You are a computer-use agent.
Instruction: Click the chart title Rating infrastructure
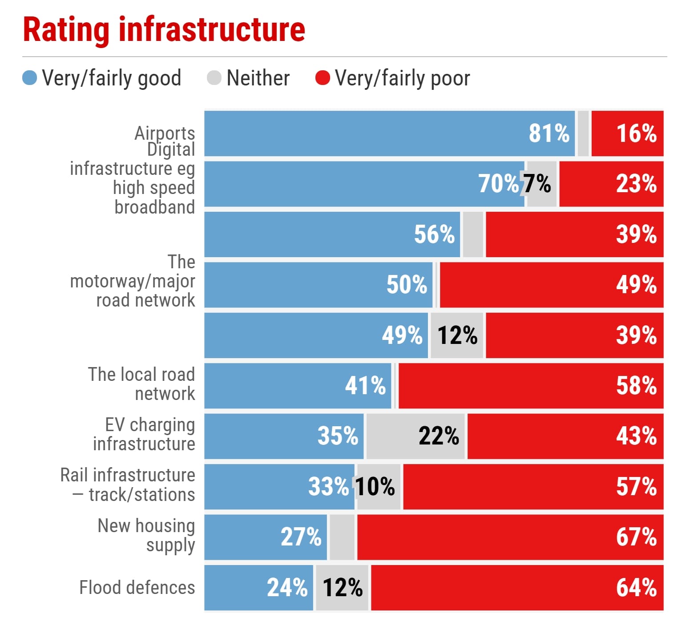164,30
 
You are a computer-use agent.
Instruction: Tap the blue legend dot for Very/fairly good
29,78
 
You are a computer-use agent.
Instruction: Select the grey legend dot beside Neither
214,78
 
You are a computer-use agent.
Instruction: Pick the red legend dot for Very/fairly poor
323,78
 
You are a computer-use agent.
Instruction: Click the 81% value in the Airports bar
549,133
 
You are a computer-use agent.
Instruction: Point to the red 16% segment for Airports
627,133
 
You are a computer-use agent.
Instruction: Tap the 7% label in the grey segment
537,183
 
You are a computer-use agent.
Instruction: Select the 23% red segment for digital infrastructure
611,184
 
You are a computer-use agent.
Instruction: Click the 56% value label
434,234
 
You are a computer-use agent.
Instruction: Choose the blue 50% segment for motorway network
318,285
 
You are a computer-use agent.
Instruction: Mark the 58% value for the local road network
636,386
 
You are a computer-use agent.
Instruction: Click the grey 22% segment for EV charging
415,436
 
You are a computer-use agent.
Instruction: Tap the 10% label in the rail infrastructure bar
375,487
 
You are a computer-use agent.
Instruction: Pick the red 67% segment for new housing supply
510,537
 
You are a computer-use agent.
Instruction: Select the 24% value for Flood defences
287,588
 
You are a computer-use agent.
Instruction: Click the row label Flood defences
137,588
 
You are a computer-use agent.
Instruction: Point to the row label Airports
165,133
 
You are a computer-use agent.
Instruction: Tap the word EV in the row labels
115,425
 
